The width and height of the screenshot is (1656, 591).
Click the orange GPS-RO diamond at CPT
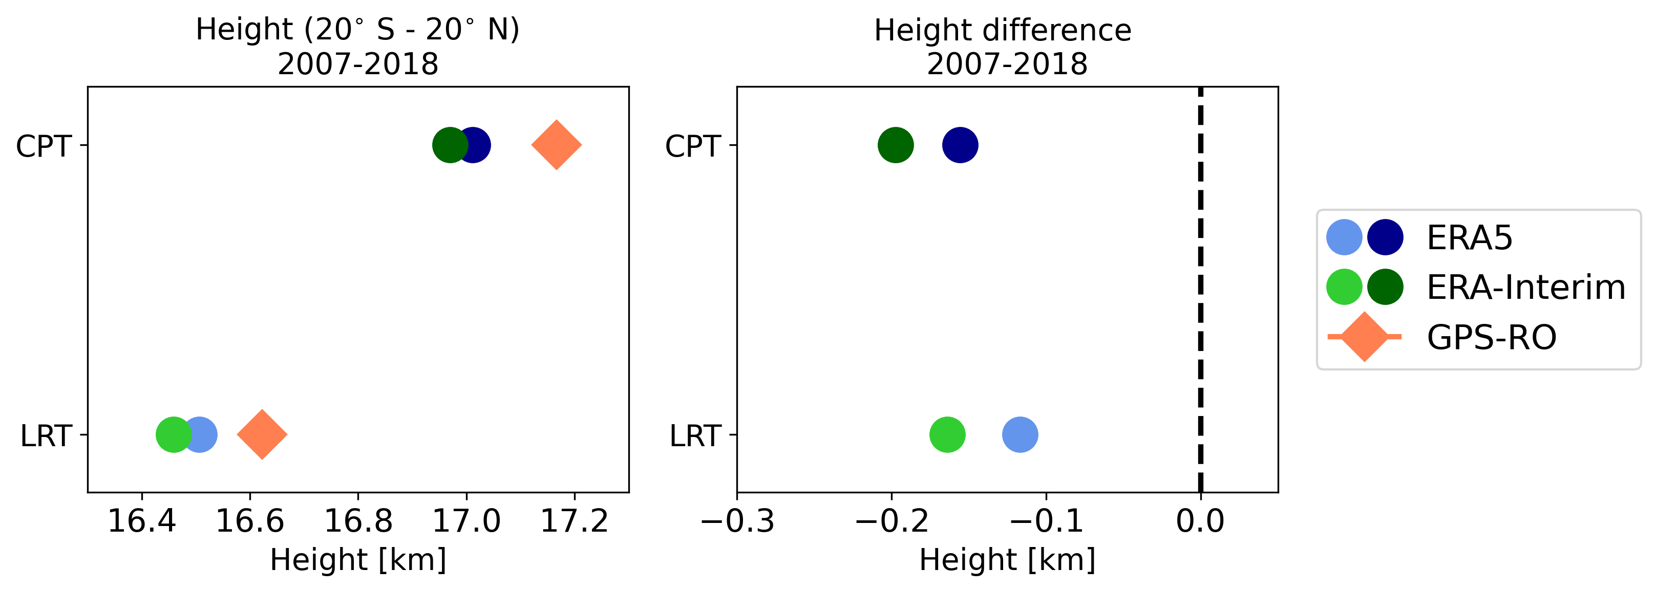coord(556,144)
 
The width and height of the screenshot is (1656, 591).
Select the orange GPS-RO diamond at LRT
coord(262,434)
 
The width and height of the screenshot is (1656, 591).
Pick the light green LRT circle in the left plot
coord(172,434)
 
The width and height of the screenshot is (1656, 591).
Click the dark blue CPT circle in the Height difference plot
coord(960,144)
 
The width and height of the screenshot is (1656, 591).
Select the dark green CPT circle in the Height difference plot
coord(896,144)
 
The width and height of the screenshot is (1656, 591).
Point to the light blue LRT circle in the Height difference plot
coord(1020,434)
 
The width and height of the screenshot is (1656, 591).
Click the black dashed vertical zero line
coord(1200,289)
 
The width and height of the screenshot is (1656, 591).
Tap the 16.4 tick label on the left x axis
coord(141,520)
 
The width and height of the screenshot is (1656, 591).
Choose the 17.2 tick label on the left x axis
coord(574,520)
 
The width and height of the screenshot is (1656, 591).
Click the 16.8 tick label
coord(358,520)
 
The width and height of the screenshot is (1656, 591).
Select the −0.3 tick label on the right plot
coord(737,520)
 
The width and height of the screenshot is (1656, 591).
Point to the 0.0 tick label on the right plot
coord(1200,520)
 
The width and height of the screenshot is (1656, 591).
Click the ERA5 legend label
coord(1470,238)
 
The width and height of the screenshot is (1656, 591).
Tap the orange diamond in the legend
coord(1364,337)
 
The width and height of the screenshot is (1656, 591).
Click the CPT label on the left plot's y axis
coord(43,146)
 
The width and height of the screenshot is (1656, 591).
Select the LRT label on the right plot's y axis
coord(695,436)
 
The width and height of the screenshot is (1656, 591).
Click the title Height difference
coord(1002,30)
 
